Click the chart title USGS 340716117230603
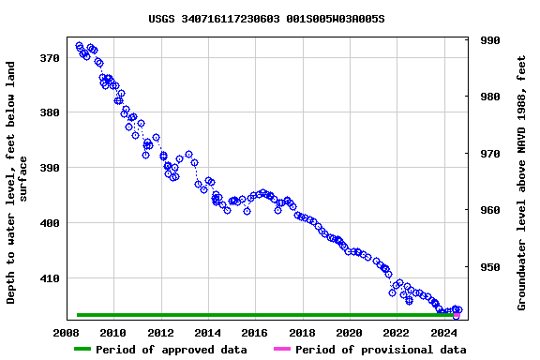click(266, 19)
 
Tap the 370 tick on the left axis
click(49, 58)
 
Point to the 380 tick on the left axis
click(49, 112)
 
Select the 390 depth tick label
click(49, 168)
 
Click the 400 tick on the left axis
click(49, 223)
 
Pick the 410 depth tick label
click(49, 278)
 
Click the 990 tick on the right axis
click(489, 40)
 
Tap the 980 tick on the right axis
click(489, 97)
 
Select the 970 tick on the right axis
click(489, 154)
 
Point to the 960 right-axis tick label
click(489, 210)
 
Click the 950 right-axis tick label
click(489, 267)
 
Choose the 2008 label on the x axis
click(66, 333)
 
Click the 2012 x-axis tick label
click(160, 333)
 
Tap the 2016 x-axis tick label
click(255, 333)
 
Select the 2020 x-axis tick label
click(349, 333)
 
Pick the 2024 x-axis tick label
click(443, 333)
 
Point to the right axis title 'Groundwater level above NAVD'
click(521, 183)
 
